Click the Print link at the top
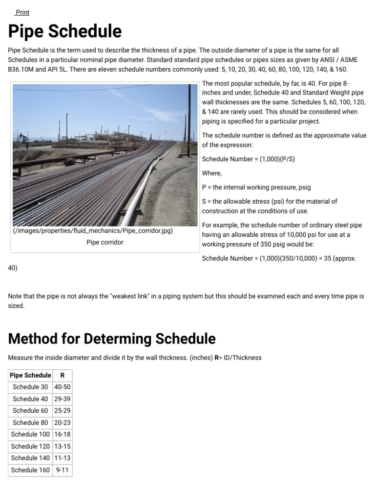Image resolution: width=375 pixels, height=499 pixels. coord(22,12)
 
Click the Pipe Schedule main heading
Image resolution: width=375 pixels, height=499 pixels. coord(65,32)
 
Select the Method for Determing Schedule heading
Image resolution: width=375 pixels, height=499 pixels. coord(112,338)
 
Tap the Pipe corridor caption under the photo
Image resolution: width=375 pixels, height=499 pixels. coord(105,242)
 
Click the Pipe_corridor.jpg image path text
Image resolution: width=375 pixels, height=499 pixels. coord(93,230)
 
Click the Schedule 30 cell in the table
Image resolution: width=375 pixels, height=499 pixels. coord(30,387)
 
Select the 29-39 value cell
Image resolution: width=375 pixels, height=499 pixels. coord(62,399)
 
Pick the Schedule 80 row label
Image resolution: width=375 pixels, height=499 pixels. coord(30,422)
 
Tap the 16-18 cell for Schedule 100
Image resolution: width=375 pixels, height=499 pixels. coord(62,434)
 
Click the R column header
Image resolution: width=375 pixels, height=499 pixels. coord(62,375)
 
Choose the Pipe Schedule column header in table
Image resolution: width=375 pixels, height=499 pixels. coord(30,375)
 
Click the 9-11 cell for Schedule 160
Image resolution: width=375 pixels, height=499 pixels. coord(62,470)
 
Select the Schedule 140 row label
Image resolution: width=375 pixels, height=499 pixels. coord(30,458)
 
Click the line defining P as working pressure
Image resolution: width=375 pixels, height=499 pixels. coord(256,187)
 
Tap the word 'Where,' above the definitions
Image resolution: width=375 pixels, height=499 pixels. coord(212,173)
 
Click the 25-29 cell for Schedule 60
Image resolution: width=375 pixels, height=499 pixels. coord(62,411)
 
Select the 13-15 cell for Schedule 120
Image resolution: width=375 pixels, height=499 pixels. coord(62,446)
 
